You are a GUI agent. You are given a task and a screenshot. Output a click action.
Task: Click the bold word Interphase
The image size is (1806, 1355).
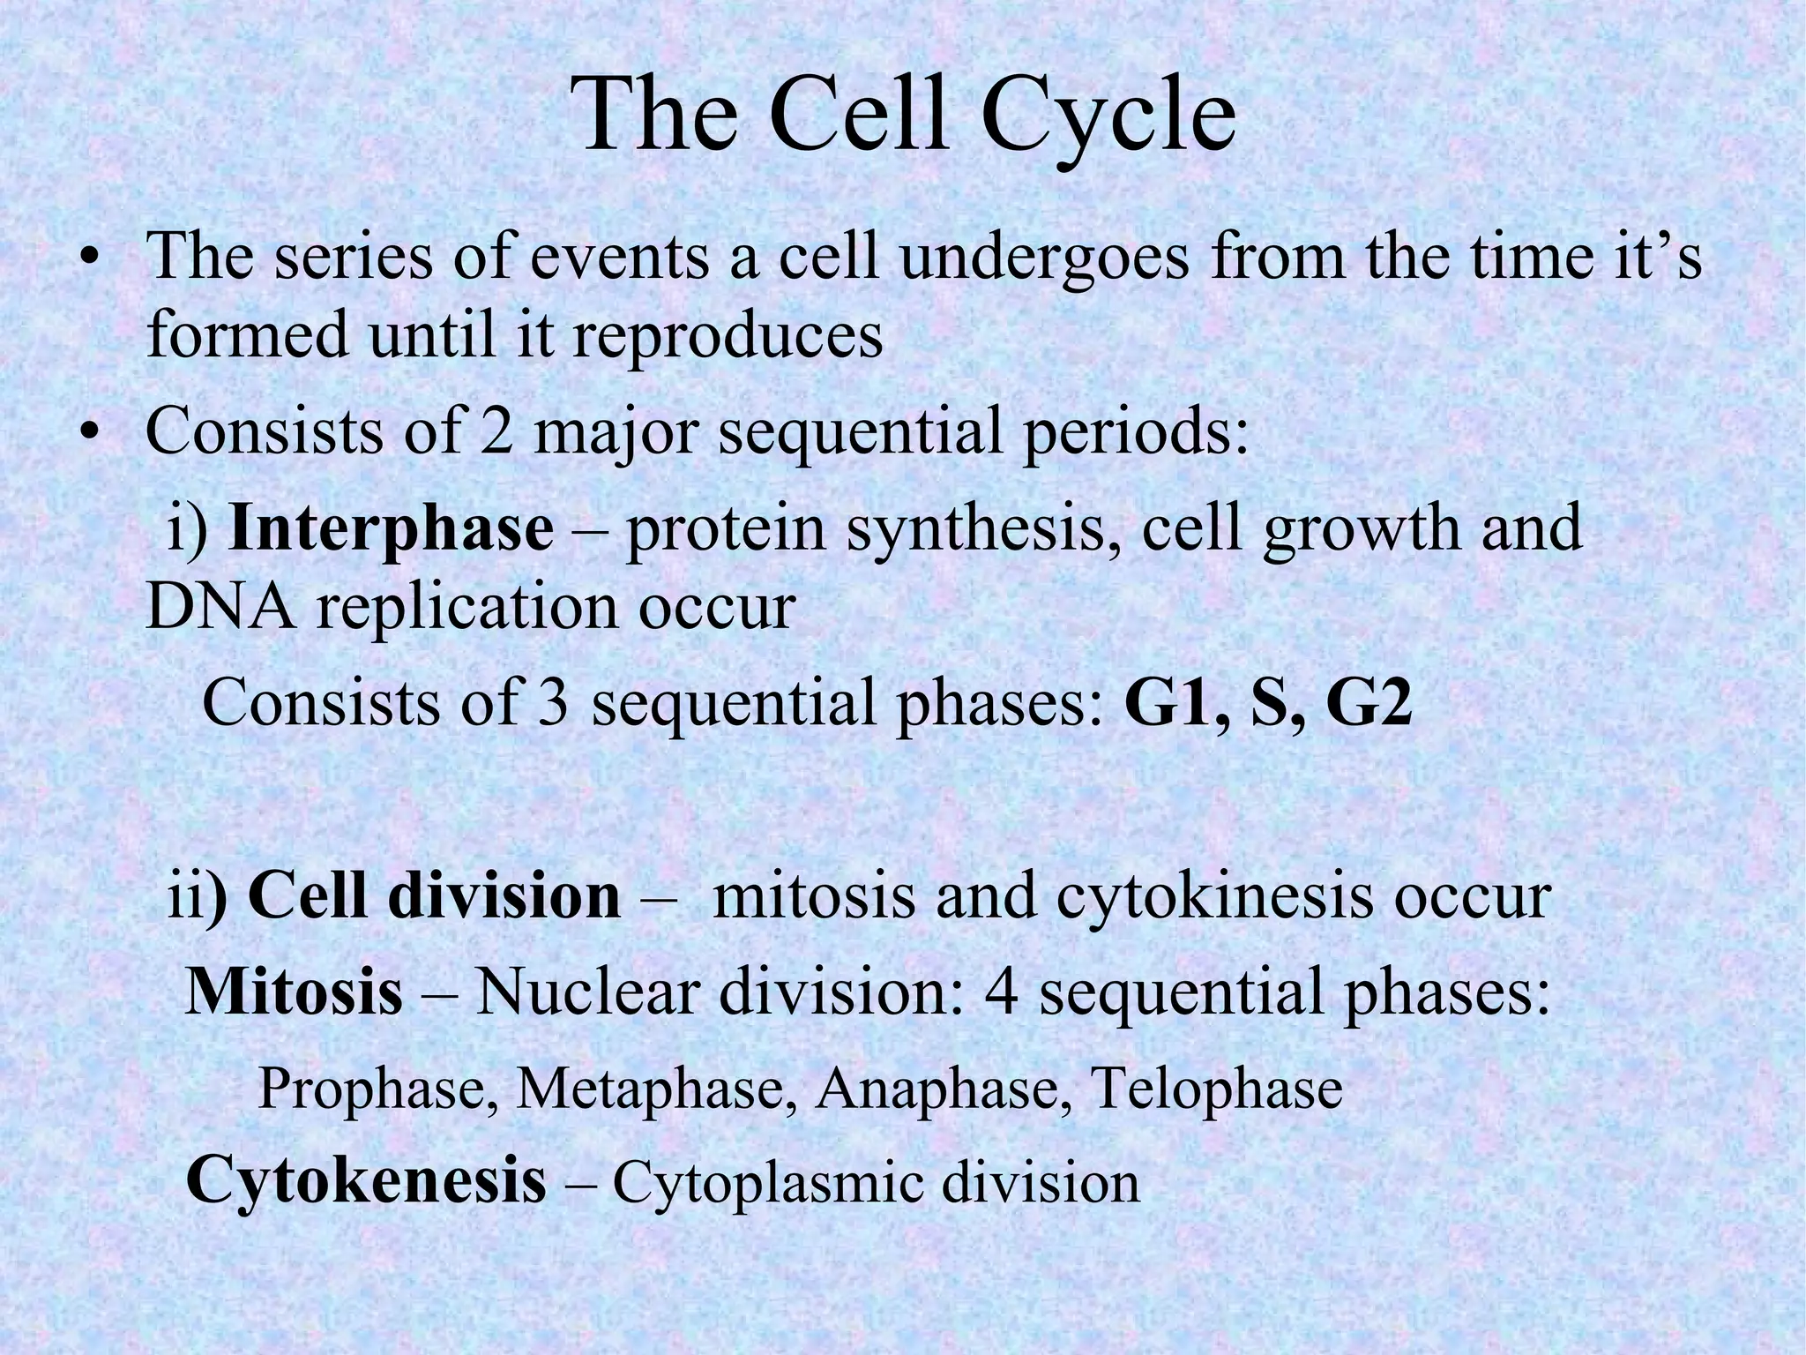[391, 529]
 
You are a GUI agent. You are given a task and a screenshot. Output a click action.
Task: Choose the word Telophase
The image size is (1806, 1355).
[1216, 1089]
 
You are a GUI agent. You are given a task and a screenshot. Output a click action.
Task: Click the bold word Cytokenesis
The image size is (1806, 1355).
[366, 1180]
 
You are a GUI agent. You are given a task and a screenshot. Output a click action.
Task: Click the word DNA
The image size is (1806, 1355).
[220, 608]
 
